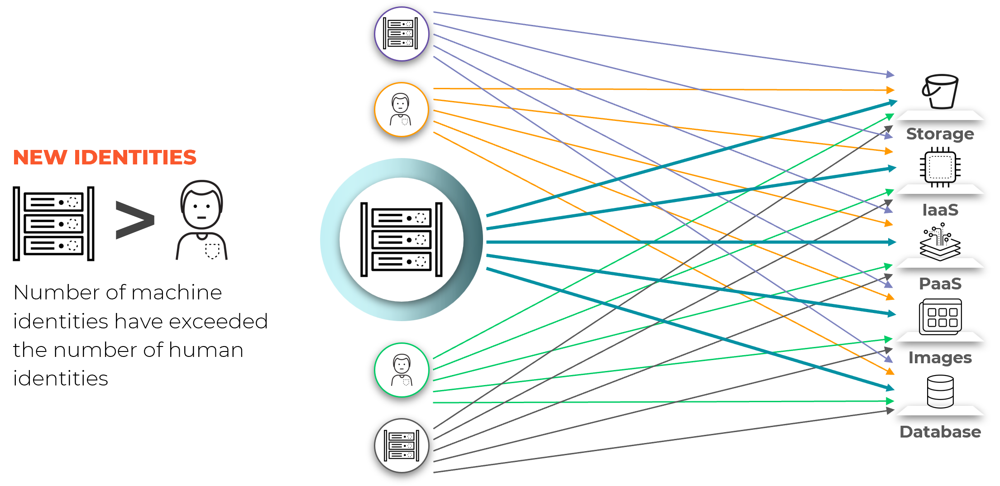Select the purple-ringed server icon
[x=402, y=34]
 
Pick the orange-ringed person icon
[x=402, y=110]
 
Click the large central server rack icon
[x=402, y=240]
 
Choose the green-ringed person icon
[x=402, y=370]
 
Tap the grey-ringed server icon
[x=402, y=446]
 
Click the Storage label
[x=940, y=134]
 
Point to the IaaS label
[x=940, y=210]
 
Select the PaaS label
[x=940, y=284]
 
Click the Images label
[x=940, y=358]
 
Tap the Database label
[x=940, y=432]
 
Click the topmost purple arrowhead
[x=890, y=74]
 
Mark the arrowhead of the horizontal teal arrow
[x=892, y=242]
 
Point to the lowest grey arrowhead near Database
[x=890, y=411]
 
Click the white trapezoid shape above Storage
[x=940, y=115]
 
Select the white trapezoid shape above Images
[x=940, y=337]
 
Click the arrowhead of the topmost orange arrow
[x=890, y=90]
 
